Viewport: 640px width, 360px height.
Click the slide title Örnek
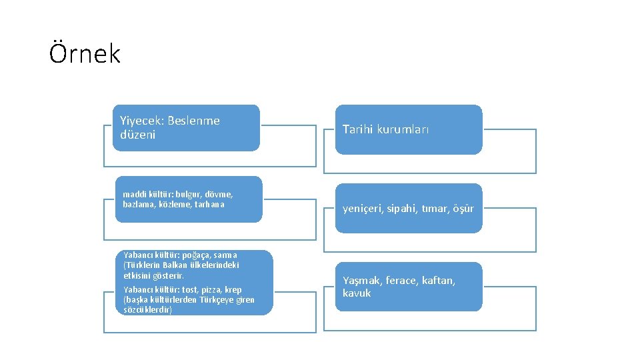click(85, 53)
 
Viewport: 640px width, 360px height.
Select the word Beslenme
click(193, 121)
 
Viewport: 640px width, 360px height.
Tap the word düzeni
click(137, 135)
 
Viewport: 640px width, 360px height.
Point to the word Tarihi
click(359, 129)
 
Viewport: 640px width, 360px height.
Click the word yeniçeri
click(364, 209)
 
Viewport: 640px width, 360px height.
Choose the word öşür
click(463, 209)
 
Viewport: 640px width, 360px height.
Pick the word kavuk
click(357, 293)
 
